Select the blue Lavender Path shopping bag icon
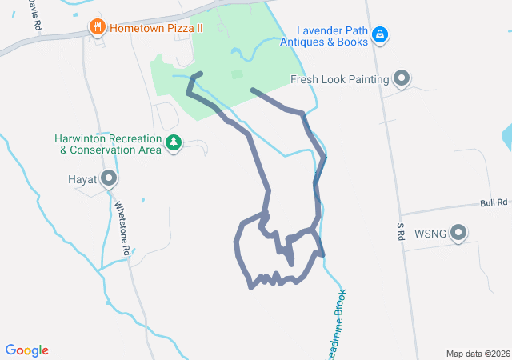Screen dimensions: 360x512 pyautogui.click(x=381, y=34)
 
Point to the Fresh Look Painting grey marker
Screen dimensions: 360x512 pyautogui.click(x=402, y=78)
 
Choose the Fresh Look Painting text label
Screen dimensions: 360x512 pyautogui.click(x=339, y=79)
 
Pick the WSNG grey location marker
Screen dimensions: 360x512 pyautogui.click(x=458, y=234)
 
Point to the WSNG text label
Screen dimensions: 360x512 pyautogui.click(x=430, y=234)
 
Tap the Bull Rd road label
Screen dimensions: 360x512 pyautogui.click(x=494, y=204)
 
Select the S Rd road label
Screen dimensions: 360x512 pyautogui.click(x=400, y=232)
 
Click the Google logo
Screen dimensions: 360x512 pyautogui.click(x=26, y=350)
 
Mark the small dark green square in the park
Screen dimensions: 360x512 pyautogui.click(x=236, y=74)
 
